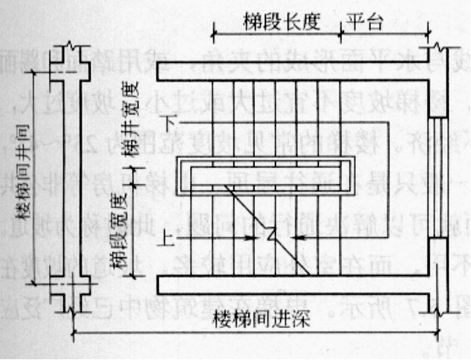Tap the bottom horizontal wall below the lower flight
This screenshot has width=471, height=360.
290,284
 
